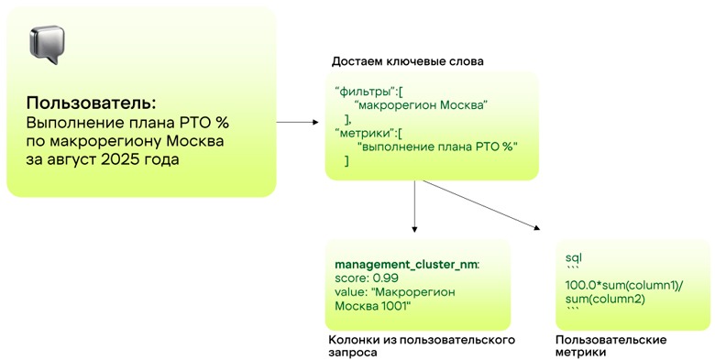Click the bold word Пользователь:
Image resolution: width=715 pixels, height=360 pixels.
(x=92, y=102)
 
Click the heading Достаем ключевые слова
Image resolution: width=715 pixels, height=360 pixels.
(x=407, y=61)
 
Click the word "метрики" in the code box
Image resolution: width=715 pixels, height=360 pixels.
(x=363, y=133)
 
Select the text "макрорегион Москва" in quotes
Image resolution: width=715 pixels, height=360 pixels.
(x=419, y=105)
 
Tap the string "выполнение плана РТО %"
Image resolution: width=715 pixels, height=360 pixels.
(x=437, y=147)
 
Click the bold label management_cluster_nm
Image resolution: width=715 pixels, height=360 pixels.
(x=406, y=264)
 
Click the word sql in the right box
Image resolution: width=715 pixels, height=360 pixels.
(x=574, y=259)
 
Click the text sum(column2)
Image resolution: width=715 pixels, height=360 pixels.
(x=606, y=299)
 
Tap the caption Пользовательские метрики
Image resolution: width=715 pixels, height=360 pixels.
(x=611, y=345)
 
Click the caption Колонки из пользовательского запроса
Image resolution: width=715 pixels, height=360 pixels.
(x=421, y=345)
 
